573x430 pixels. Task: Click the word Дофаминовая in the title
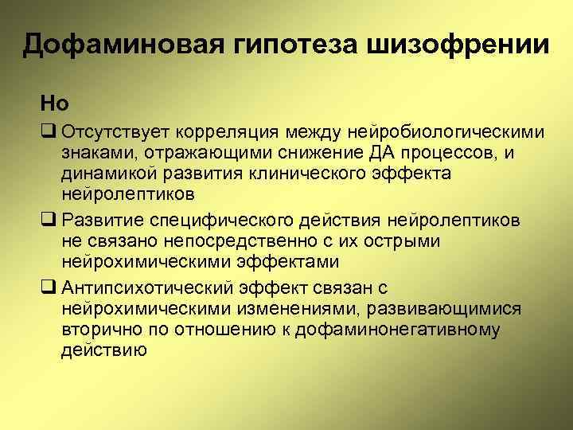113,45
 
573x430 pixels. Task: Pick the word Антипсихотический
144,286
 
